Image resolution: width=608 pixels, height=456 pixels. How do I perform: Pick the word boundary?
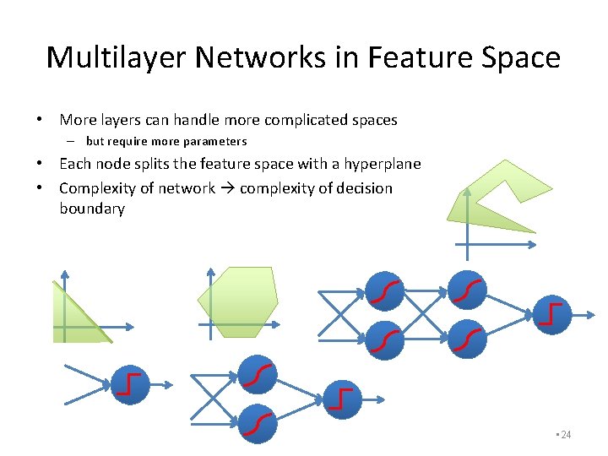click(x=91, y=209)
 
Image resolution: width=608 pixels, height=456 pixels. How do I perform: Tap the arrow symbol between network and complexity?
click(x=228, y=187)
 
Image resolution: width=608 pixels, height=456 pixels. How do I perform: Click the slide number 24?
click(x=565, y=434)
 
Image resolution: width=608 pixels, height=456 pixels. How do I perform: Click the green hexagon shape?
click(x=237, y=301)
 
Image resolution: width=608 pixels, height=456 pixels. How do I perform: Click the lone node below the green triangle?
click(x=130, y=385)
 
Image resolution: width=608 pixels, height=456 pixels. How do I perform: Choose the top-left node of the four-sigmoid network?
click(x=384, y=292)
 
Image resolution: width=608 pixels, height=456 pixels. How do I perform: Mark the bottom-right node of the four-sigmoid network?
click(x=466, y=340)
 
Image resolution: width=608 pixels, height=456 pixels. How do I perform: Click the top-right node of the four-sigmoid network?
click(x=466, y=292)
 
